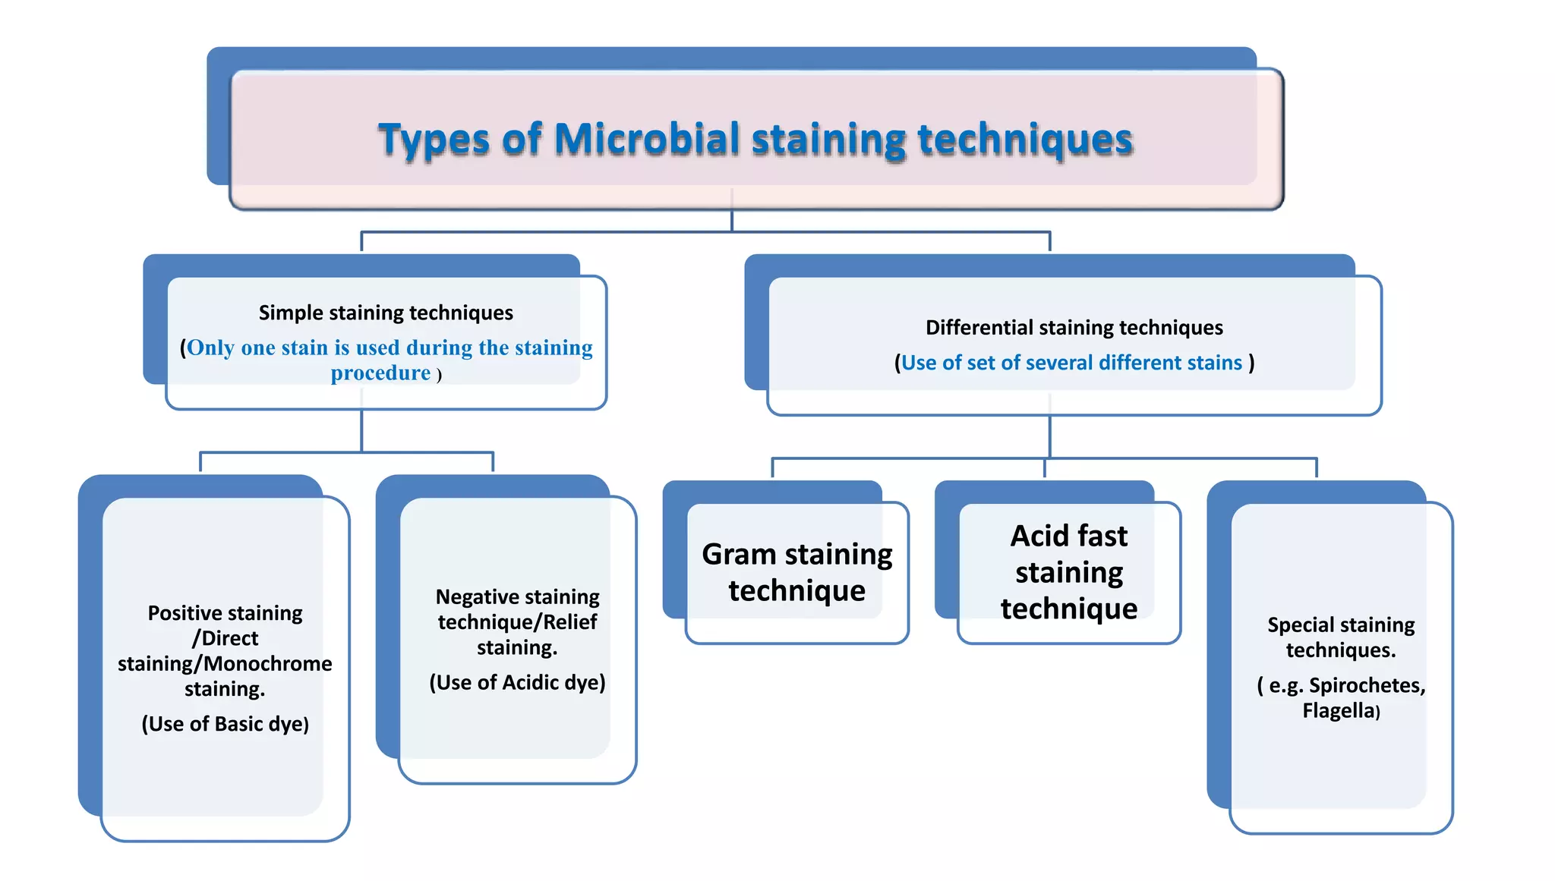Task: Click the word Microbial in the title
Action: click(646, 140)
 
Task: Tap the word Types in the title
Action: click(433, 141)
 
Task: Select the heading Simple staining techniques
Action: click(386, 313)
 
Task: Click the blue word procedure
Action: click(380, 373)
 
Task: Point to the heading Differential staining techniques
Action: click(1074, 328)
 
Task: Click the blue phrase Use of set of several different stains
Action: click(1071, 363)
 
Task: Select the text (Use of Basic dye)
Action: click(225, 724)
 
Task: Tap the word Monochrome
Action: click(267, 664)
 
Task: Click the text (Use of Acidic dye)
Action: click(517, 682)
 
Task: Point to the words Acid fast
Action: click(1068, 536)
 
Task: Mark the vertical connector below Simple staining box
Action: click(361, 430)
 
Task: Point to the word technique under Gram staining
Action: click(796, 591)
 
